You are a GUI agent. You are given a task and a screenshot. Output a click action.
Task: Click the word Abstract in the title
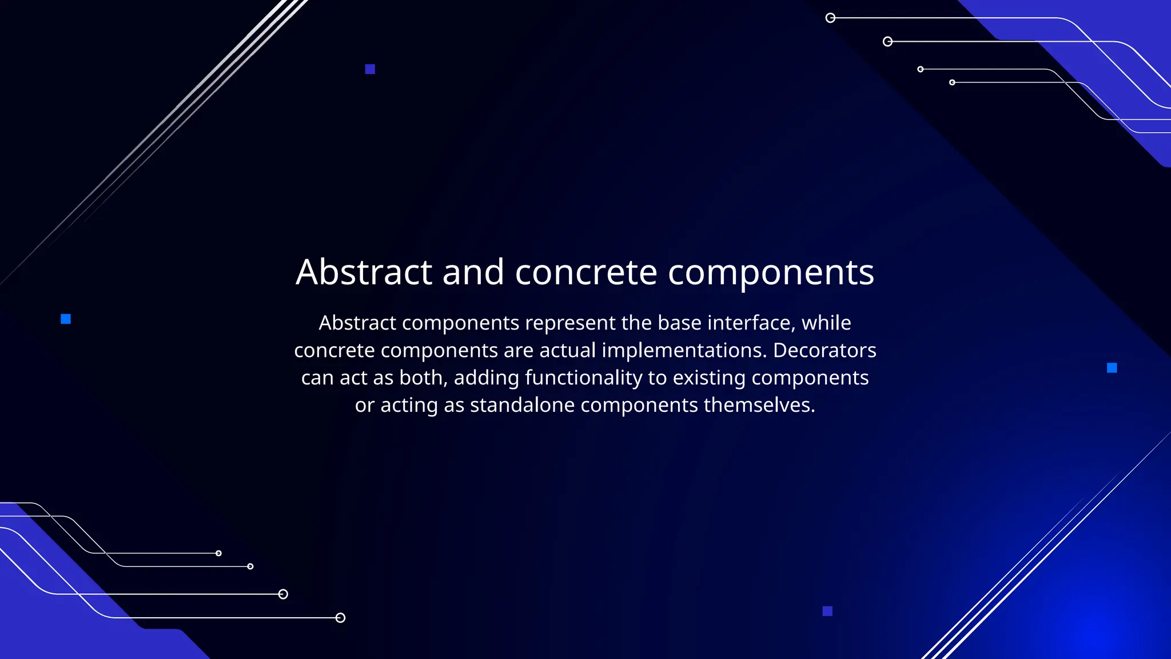364,272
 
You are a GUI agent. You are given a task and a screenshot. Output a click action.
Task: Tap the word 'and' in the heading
473,272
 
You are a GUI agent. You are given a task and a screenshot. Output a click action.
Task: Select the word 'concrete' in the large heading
585,272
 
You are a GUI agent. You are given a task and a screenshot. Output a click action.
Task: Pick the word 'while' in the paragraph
826,323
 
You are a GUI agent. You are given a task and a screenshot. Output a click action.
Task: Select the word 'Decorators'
825,351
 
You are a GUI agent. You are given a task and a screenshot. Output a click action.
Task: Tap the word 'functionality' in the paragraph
583,378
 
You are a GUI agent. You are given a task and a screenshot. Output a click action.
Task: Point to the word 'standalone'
522,406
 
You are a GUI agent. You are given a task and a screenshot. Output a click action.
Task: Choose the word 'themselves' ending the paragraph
759,406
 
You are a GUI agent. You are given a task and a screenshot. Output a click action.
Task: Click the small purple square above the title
370,69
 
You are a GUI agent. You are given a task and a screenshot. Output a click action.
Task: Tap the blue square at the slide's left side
66,319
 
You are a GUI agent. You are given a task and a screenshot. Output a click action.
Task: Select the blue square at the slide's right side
1112,368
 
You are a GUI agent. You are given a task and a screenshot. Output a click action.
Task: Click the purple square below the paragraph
827,611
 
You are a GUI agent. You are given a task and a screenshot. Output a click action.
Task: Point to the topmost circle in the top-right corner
830,18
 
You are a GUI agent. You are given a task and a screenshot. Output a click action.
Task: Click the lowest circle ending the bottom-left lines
340,618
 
